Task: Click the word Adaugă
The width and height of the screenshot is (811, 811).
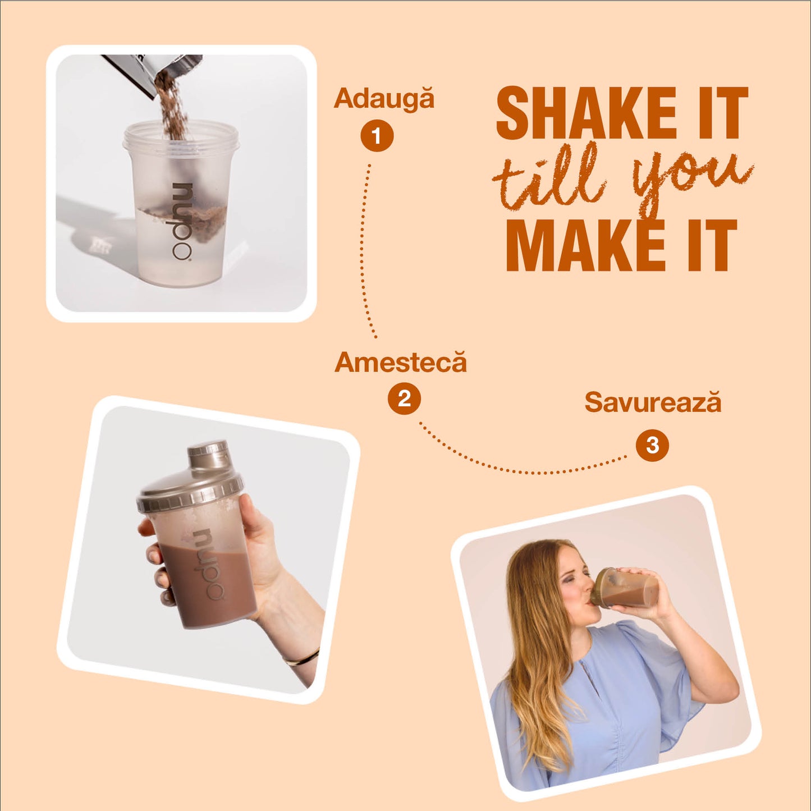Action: (x=384, y=99)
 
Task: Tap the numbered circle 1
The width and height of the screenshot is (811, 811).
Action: (x=377, y=136)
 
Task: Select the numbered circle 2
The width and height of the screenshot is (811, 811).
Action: (x=404, y=398)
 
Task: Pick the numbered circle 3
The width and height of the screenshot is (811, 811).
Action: (x=652, y=445)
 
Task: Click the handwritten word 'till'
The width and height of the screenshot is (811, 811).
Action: (x=549, y=178)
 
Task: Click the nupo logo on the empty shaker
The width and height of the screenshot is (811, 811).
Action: (x=182, y=221)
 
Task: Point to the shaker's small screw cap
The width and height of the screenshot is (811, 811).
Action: (x=208, y=454)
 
